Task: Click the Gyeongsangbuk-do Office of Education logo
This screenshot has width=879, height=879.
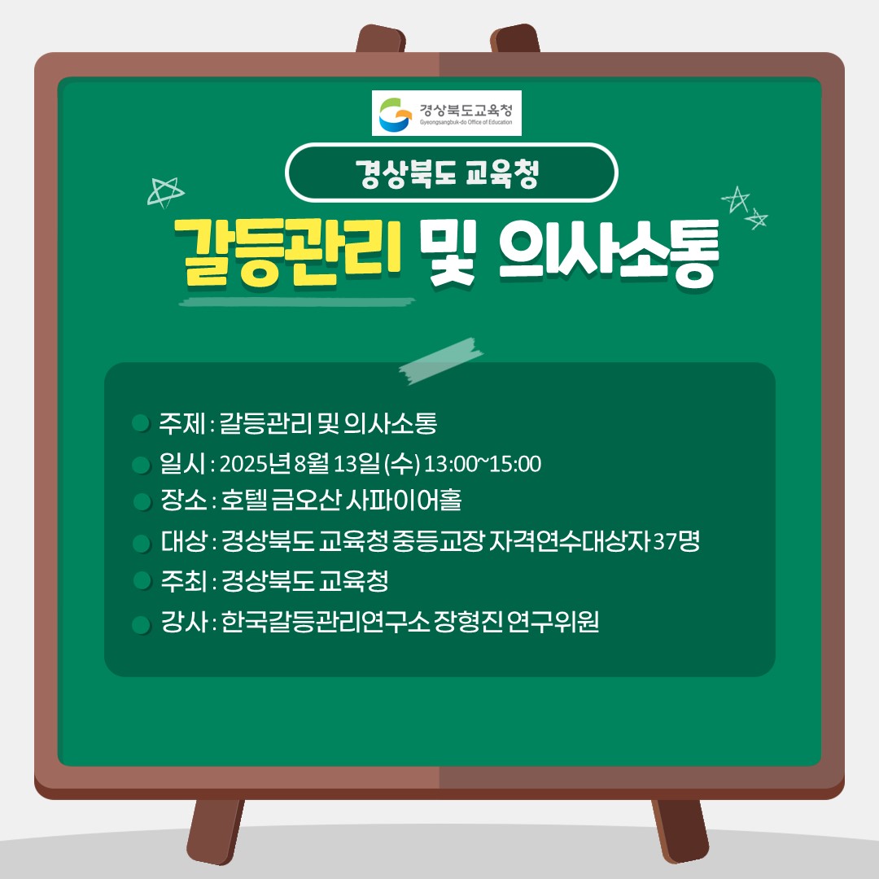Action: pyautogui.click(x=446, y=112)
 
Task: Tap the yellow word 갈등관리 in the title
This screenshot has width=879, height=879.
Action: pyautogui.click(x=287, y=252)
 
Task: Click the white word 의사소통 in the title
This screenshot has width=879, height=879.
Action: pyautogui.click(x=608, y=253)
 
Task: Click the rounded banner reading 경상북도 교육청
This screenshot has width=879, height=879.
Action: pyautogui.click(x=451, y=173)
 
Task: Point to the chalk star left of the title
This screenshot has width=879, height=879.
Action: pyautogui.click(x=165, y=192)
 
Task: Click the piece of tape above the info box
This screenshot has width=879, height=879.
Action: pyautogui.click(x=440, y=361)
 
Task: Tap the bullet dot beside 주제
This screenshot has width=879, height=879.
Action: pyautogui.click(x=141, y=422)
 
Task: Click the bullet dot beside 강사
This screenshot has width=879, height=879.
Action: pyautogui.click(x=142, y=624)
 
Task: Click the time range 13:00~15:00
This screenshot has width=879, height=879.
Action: pyautogui.click(x=482, y=464)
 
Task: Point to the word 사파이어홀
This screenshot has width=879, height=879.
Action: pyautogui.click(x=403, y=500)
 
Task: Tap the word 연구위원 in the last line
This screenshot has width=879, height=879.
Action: pyautogui.click(x=553, y=621)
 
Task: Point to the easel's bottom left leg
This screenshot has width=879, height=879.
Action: pyautogui.click(x=215, y=831)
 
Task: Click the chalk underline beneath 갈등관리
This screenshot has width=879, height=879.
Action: pyautogui.click(x=297, y=302)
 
